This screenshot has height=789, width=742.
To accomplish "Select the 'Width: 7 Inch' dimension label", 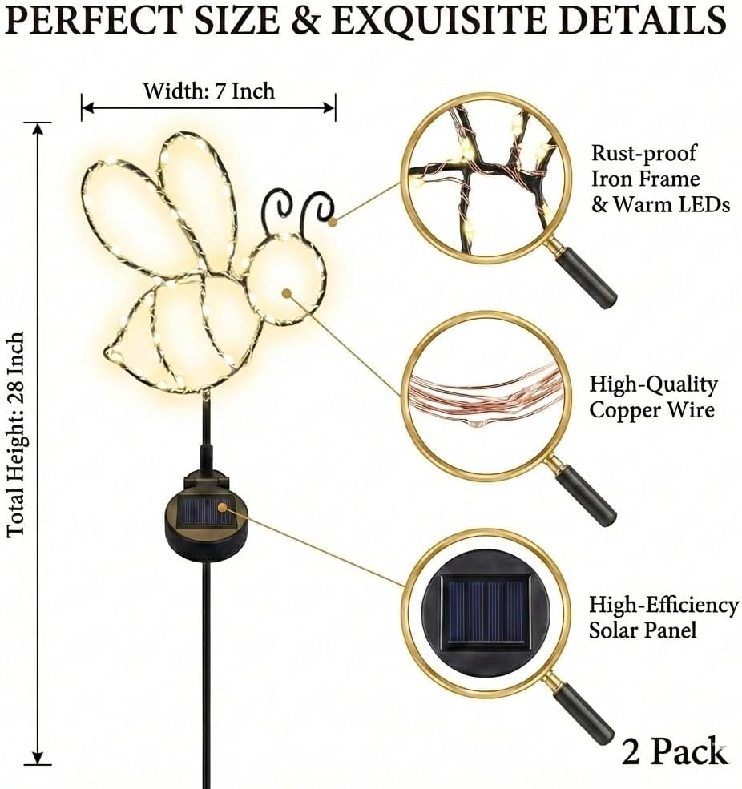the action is pyautogui.click(x=208, y=91).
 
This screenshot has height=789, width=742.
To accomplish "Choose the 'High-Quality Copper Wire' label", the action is pyautogui.click(x=653, y=397).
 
